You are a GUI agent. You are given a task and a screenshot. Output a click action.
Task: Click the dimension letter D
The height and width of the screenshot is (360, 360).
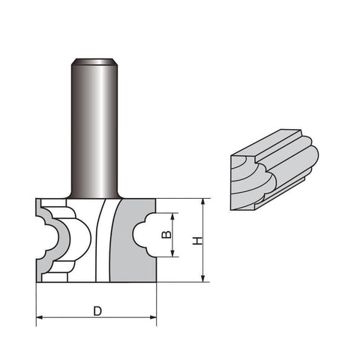[x=97, y=311]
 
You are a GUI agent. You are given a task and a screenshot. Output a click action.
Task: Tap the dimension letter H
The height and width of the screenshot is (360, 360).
[x=197, y=241]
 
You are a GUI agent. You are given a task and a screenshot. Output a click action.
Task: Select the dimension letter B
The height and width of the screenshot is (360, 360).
[x=166, y=235]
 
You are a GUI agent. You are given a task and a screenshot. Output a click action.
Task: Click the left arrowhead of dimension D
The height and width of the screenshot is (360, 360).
[x=40, y=317]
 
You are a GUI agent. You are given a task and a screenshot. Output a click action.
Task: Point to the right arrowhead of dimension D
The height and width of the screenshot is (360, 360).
[x=153, y=317]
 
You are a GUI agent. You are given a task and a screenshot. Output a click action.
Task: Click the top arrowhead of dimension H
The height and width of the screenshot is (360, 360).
[x=203, y=202]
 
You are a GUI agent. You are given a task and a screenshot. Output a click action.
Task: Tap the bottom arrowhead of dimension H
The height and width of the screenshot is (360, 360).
[x=203, y=279]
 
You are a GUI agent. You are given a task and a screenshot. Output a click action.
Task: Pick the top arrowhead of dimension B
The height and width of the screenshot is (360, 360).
[x=172, y=217]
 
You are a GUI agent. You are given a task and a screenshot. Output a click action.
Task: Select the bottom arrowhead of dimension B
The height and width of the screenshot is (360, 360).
[x=172, y=253]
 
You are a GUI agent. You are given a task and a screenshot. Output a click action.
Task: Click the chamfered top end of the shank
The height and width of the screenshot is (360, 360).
[x=94, y=61]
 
